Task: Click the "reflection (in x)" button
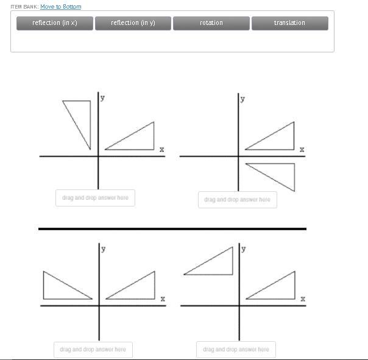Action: pyautogui.click(x=55, y=23)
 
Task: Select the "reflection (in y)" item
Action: pyautogui.click(x=133, y=23)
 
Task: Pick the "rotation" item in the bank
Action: pyautogui.click(x=211, y=23)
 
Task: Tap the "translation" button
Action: pyautogui.click(x=290, y=23)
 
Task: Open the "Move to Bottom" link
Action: pyautogui.click(x=61, y=7)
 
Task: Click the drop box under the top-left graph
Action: pyautogui.click(x=95, y=198)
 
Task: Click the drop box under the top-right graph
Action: pyautogui.click(x=238, y=200)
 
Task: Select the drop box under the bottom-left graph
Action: pyautogui.click(x=93, y=350)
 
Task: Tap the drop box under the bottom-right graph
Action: pyautogui.click(x=236, y=350)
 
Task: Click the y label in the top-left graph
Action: pyautogui.click(x=102, y=97)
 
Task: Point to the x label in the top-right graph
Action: pyautogui.click(x=302, y=149)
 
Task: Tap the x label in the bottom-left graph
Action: pyautogui.click(x=163, y=298)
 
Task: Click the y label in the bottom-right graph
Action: pyautogui.click(x=244, y=249)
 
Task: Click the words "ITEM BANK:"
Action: pyautogui.click(x=24, y=7)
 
